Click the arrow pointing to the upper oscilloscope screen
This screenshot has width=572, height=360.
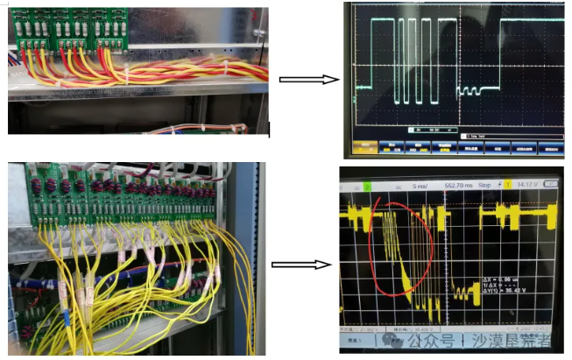308,79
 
